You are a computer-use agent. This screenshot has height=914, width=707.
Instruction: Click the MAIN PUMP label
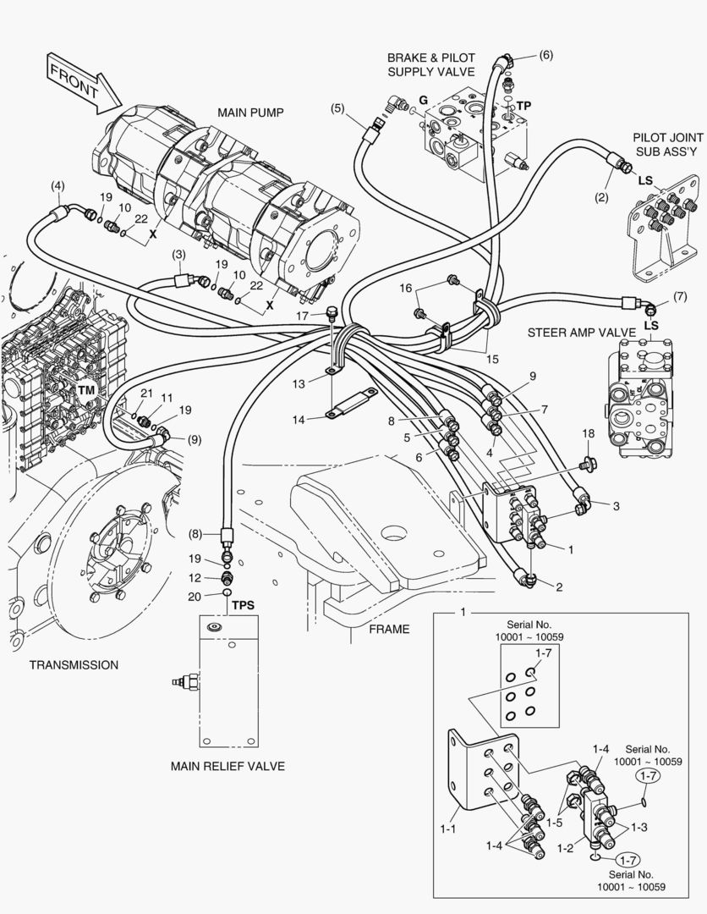click(x=249, y=112)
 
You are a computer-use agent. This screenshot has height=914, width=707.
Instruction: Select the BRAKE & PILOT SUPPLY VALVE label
click(x=430, y=64)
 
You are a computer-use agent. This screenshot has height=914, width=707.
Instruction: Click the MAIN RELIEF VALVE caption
click(x=227, y=767)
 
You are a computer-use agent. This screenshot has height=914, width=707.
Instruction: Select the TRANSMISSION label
click(x=74, y=664)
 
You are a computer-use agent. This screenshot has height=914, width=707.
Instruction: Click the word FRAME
click(x=389, y=629)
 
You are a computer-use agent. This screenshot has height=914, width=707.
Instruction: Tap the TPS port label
click(x=244, y=607)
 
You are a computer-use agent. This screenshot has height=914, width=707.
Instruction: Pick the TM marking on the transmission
click(x=85, y=390)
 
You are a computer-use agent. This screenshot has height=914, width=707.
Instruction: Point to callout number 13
click(x=299, y=384)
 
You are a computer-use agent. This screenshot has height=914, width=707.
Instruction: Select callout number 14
click(x=299, y=419)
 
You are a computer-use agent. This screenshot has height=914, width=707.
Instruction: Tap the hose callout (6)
click(x=545, y=55)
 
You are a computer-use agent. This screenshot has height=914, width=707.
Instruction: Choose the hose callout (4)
click(x=58, y=185)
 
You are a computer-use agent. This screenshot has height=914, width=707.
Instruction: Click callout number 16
click(x=407, y=289)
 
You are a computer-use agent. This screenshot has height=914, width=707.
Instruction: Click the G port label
click(x=423, y=101)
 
